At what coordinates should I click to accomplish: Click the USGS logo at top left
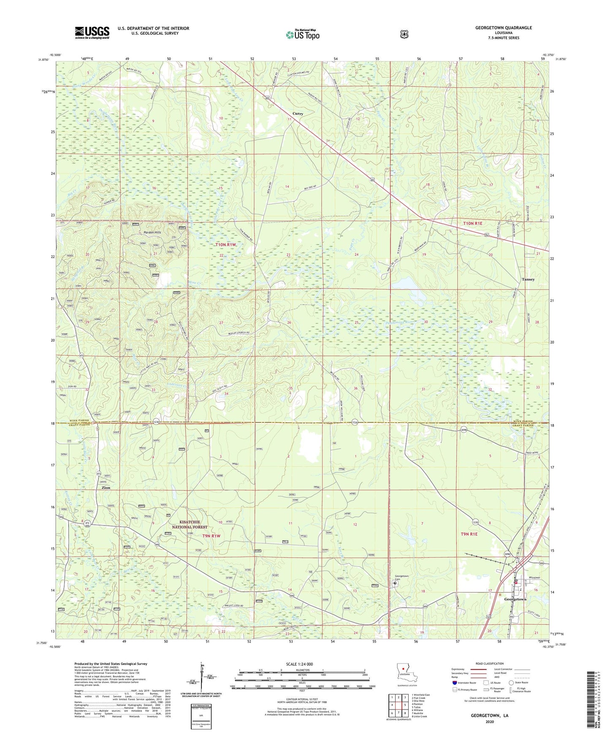click(x=92, y=33)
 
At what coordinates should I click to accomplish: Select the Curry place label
click(x=298, y=114)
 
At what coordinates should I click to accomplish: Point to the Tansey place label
click(x=528, y=279)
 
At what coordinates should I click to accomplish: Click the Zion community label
click(x=106, y=488)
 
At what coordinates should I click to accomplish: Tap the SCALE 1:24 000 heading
click(x=299, y=664)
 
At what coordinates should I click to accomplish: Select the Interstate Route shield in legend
click(x=455, y=682)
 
